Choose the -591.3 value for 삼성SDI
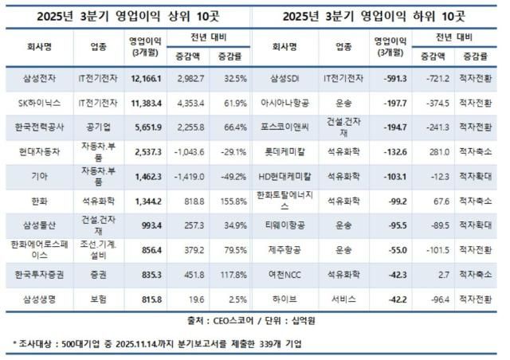(x=392, y=80)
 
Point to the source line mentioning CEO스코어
(x=255, y=322)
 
